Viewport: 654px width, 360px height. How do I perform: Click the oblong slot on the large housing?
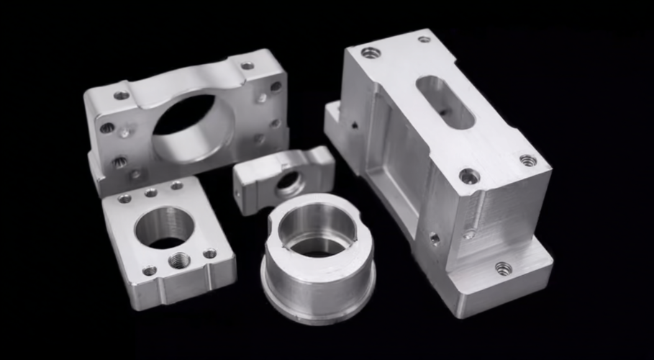(x=445, y=102)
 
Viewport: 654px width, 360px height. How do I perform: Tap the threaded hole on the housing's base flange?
(x=504, y=269)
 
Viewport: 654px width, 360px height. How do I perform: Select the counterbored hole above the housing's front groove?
(x=470, y=176)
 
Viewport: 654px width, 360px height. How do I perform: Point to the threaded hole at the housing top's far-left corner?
(x=371, y=53)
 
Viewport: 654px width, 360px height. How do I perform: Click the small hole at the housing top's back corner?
(x=424, y=39)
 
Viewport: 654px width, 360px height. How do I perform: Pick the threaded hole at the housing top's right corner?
(x=528, y=160)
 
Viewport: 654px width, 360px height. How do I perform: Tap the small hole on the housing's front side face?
(x=435, y=238)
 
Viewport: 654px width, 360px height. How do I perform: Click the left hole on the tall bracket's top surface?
(x=122, y=95)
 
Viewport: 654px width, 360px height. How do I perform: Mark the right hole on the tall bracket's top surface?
(x=247, y=66)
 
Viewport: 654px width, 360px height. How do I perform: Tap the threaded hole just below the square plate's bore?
(x=179, y=259)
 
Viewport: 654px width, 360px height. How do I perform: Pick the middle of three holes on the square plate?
(x=150, y=193)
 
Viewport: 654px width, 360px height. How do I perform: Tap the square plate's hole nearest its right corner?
(x=209, y=253)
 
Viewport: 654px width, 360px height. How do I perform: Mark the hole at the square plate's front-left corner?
(x=149, y=271)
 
